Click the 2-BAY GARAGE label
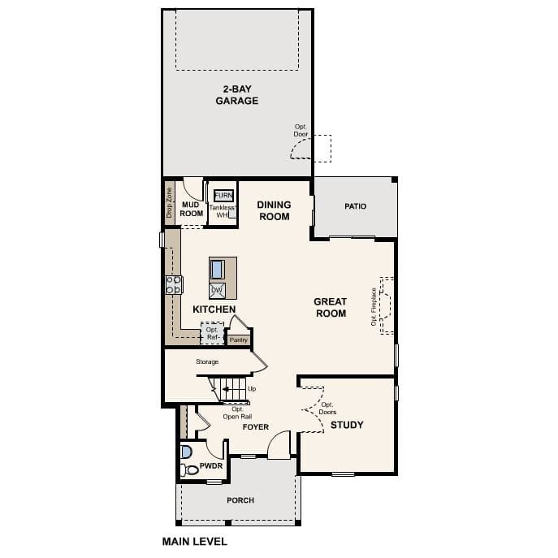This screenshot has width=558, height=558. tap(236, 95)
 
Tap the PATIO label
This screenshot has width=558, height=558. tap(355, 206)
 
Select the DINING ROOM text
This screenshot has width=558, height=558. tap(274, 211)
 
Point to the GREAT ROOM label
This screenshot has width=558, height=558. tap(331, 307)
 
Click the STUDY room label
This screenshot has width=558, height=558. tap(347, 425)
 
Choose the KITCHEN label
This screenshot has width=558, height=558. tap(214, 309)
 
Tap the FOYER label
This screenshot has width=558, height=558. tap(256, 427)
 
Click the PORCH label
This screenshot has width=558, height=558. tap(240, 500)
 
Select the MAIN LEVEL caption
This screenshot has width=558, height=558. tap(195, 541)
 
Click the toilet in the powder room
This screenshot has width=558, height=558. tap(190, 469)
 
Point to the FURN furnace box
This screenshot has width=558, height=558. tap(223, 196)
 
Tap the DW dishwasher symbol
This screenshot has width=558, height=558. tap(217, 290)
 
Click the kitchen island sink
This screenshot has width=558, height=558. tap(218, 269)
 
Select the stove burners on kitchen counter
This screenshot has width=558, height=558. tap(174, 284)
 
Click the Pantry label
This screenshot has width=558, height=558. tap(238, 340)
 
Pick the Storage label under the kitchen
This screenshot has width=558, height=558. tap(208, 362)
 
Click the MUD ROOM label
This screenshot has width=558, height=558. tap(192, 210)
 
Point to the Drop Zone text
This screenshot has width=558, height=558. tap(170, 203)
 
